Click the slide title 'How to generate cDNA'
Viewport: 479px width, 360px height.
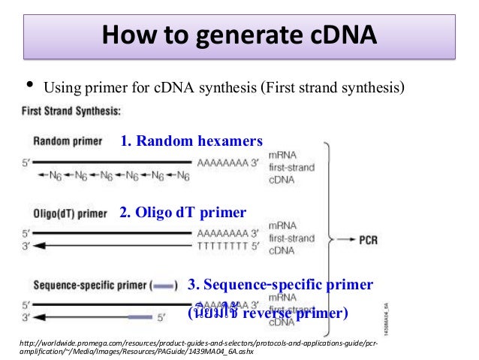click(x=239, y=36)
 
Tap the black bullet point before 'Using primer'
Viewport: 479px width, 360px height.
click(x=29, y=85)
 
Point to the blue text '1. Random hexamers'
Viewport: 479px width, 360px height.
click(x=191, y=141)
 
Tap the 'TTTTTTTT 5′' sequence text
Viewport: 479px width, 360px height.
click(x=226, y=246)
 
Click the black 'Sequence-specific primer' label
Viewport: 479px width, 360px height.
click(x=90, y=286)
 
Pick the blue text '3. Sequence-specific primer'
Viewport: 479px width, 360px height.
click(x=279, y=285)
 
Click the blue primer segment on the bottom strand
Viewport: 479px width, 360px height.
click(x=140, y=317)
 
